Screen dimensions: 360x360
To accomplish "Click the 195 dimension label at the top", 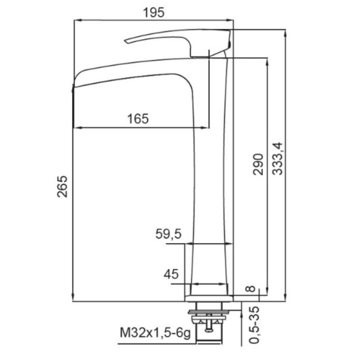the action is (153, 13).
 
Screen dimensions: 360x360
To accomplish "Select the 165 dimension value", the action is (138, 119).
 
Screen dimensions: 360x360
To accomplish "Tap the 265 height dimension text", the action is (63, 186).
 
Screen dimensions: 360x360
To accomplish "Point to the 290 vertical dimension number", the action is (258, 164).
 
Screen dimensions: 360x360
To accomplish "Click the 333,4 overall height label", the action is (278, 159).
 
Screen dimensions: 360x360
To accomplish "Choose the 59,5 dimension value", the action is (168, 234).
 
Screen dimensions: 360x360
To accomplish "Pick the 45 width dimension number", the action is (171, 274).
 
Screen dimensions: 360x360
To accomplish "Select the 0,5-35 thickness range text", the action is (254, 325).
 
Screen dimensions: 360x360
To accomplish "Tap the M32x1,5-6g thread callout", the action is (155, 333).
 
